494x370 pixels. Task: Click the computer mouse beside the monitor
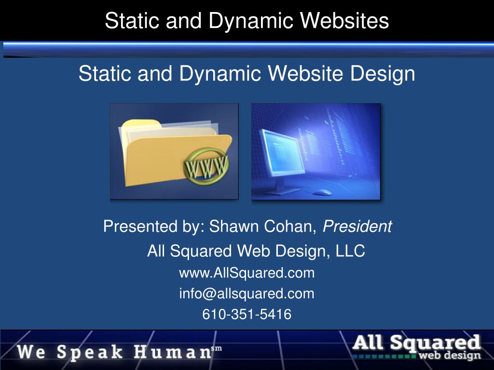[x=322, y=192]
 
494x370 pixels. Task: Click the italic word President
[x=357, y=226]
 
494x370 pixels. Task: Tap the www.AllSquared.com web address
[x=247, y=273]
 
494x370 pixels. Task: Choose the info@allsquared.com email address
[x=247, y=293]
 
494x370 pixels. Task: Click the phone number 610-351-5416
[x=247, y=315]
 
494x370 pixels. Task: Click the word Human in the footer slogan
[x=172, y=352]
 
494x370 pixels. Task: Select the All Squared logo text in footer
[x=417, y=343]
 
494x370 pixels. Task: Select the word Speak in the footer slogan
[x=90, y=352]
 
